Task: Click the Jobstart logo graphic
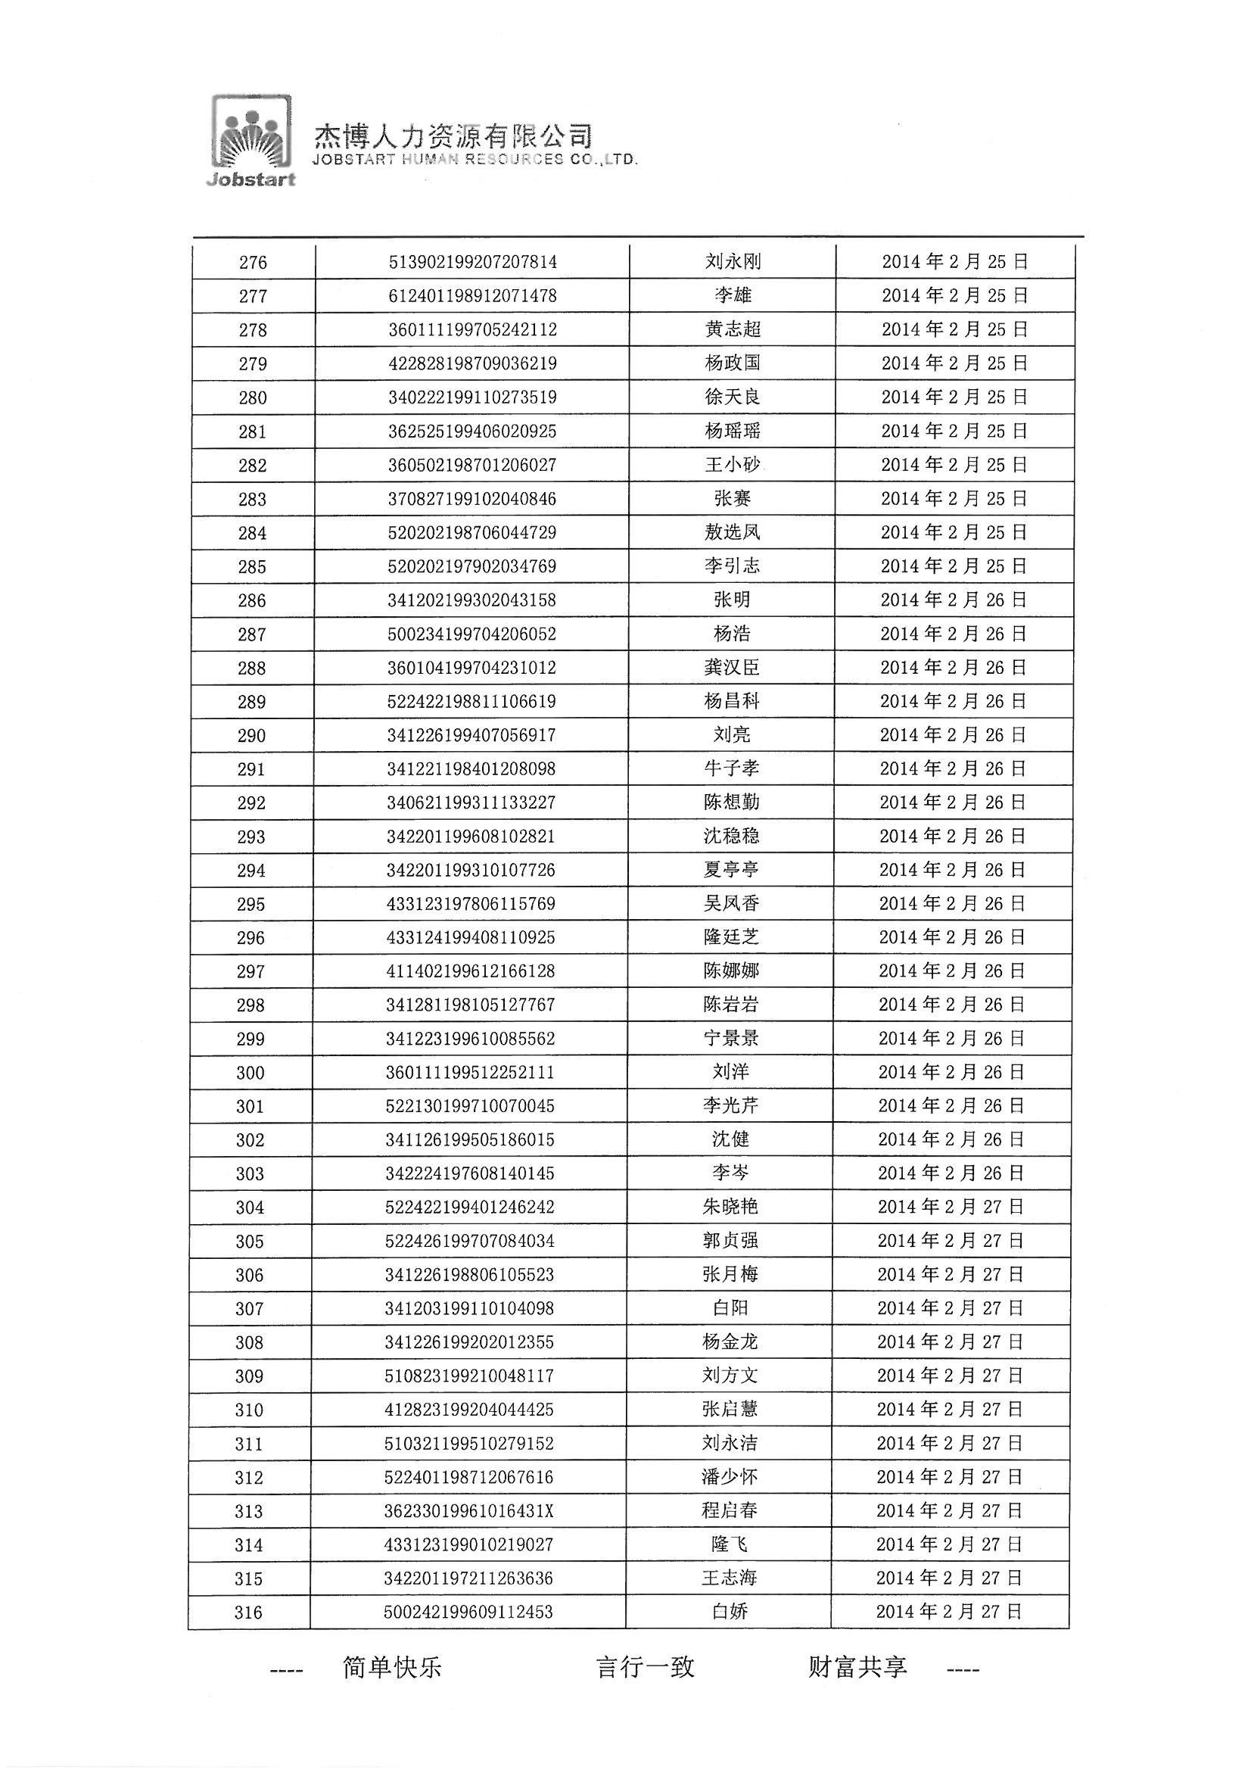click(x=252, y=139)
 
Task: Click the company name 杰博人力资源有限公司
click(x=453, y=136)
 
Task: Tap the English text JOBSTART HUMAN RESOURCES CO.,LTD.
click(x=475, y=160)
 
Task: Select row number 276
click(x=253, y=262)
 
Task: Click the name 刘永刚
click(x=733, y=261)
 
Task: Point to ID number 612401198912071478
click(x=472, y=296)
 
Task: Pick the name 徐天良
click(x=733, y=397)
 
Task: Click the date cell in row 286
click(x=954, y=600)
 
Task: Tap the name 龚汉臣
click(x=732, y=667)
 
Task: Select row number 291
click(x=251, y=769)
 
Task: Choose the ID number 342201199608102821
click(x=471, y=837)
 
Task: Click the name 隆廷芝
click(x=731, y=937)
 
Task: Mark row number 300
click(x=251, y=1072)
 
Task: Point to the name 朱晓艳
click(x=730, y=1208)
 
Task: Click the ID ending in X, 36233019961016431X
click(x=469, y=1511)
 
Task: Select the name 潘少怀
click(x=729, y=1477)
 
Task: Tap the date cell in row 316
click(x=949, y=1612)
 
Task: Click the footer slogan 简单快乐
click(x=391, y=1668)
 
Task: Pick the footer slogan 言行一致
click(x=645, y=1668)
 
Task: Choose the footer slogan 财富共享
click(x=857, y=1668)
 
